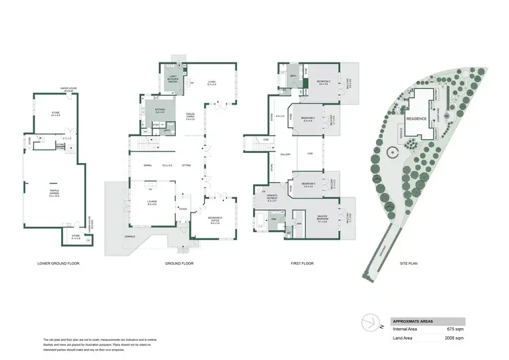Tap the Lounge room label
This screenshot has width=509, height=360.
click(151, 202)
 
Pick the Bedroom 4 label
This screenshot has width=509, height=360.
click(307, 184)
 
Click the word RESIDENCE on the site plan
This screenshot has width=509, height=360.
click(417, 118)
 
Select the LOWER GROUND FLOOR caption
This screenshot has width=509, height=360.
click(58, 263)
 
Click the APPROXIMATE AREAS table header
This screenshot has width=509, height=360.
click(413, 321)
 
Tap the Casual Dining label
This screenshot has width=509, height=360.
click(192, 116)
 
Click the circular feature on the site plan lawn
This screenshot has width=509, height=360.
click(391, 154)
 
